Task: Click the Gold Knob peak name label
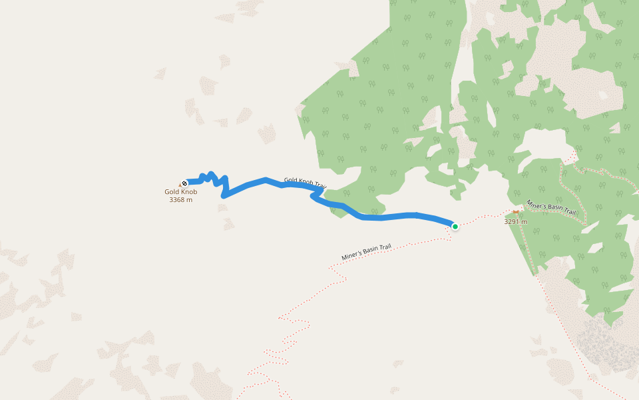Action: (x=181, y=192)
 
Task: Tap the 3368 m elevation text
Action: (x=181, y=199)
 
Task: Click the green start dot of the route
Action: (x=455, y=227)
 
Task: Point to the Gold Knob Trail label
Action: (x=305, y=182)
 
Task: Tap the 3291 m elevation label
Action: (x=515, y=222)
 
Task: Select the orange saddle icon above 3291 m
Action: (x=515, y=213)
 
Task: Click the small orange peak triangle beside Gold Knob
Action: (x=180, y=185)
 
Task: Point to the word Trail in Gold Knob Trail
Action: (x=320, y=185)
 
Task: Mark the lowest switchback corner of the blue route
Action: (x=224, y=195)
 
